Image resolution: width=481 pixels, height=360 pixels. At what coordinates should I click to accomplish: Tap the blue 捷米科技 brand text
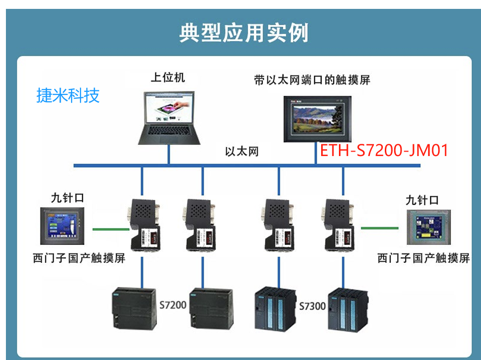(68, 95)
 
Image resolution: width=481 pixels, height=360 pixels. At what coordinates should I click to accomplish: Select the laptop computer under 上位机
(169, 117)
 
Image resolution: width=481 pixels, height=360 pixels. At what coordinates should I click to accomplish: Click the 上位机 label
(168, 78)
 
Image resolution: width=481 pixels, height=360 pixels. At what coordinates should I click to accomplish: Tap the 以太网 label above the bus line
(242, 151)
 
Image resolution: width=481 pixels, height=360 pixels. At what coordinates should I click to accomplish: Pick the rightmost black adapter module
(339, 224)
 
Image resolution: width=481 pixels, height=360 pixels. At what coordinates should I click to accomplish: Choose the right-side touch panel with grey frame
(428, 227)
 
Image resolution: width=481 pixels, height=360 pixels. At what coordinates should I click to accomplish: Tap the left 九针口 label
(67, 198)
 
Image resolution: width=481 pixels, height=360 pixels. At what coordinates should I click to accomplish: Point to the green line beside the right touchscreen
(379, 228)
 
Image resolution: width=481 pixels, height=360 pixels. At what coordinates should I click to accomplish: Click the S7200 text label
(173, 305)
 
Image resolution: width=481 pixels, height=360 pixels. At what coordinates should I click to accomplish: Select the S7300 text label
(312, 306)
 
